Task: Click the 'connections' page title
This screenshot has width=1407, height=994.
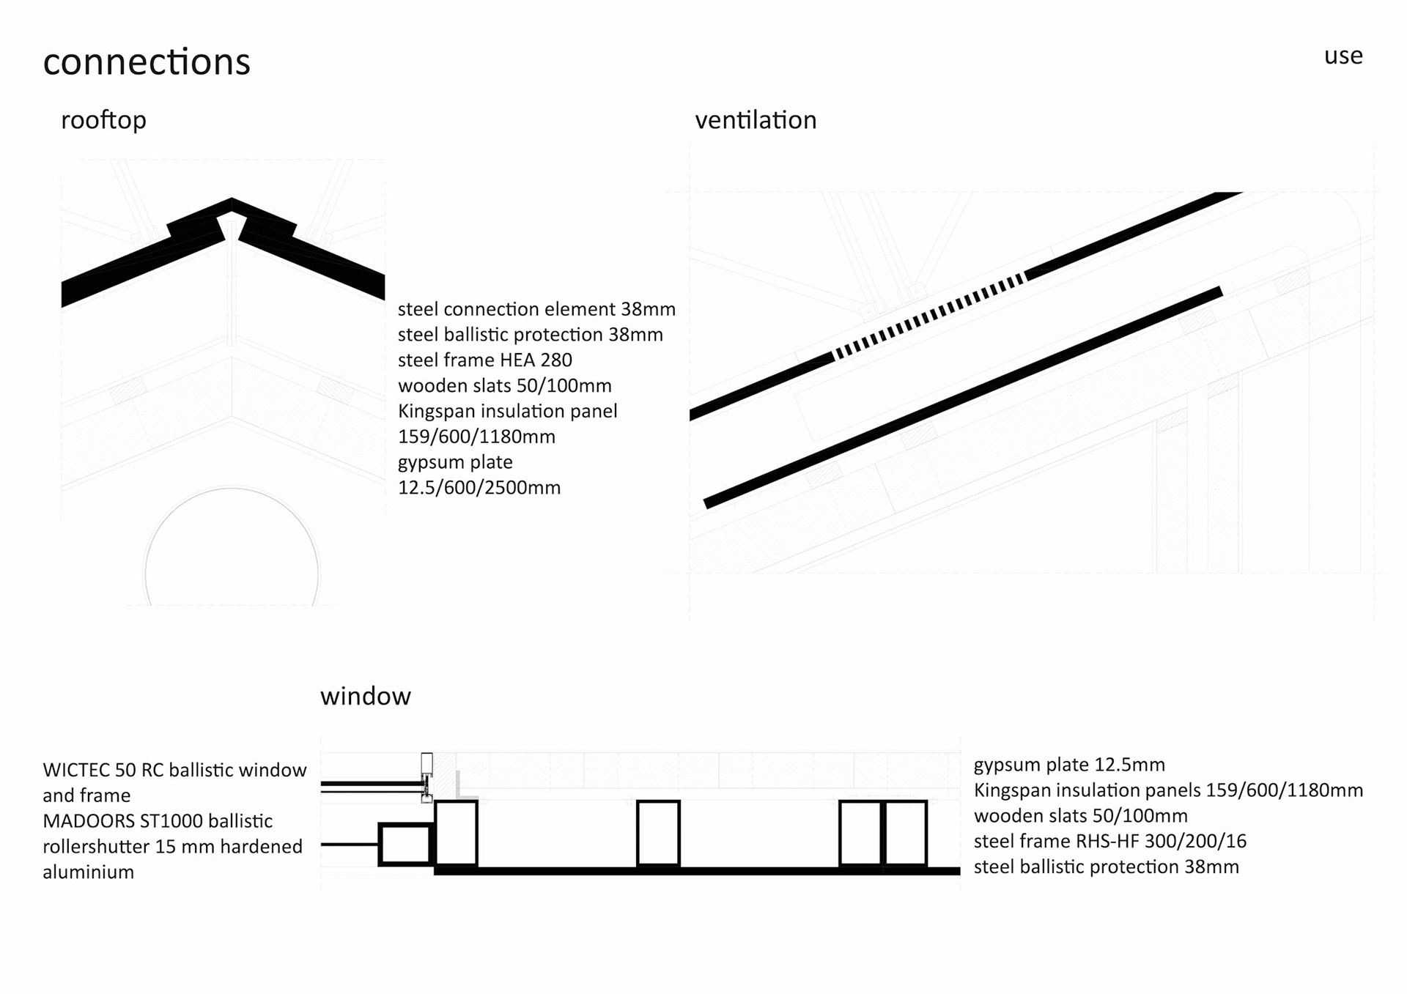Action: [147, 62]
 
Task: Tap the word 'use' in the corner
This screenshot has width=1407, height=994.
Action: [1343, 56]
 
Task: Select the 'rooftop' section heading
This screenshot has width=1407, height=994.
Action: [103, 120]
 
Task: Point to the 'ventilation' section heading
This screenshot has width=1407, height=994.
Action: [756, 120]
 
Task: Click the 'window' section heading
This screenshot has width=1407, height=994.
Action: [365, 696]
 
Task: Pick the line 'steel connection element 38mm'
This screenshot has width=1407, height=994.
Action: [536, 309]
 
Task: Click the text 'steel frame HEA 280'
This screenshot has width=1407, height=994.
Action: [484, 360]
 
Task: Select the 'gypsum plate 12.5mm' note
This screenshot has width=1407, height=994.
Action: [1068, 765]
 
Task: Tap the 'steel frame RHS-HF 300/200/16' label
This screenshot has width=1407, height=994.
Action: [1109, 841]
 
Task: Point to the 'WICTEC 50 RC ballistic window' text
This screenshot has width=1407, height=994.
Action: [174, 770]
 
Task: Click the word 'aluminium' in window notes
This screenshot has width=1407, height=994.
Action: [88, 872]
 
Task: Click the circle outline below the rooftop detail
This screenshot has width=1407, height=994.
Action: [232, 489]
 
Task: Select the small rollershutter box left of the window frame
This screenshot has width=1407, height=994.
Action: [405, 845]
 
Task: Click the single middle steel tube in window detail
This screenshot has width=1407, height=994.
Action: [658, 834]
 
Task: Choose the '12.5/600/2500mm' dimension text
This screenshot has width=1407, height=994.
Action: [479, 488]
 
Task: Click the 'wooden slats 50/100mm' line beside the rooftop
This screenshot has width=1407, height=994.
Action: [504, 386]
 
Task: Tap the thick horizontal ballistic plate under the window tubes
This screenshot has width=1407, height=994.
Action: [696, 871]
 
